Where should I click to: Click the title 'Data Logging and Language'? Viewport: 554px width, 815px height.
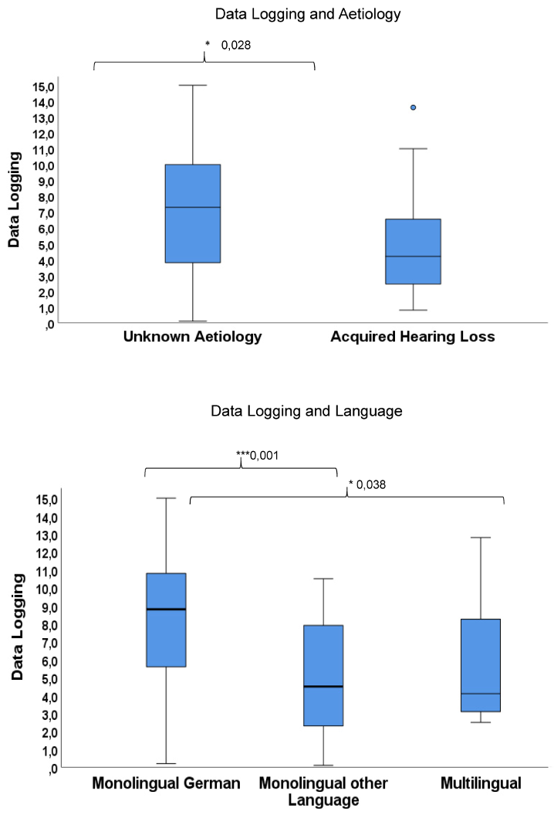(307, 411)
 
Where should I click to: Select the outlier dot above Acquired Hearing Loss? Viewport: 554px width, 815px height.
(413, 107)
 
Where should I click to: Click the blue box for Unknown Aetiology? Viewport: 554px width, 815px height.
(193, 213)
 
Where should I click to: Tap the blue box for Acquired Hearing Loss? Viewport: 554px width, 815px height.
(413, 251)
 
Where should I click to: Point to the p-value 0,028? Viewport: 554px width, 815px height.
(236, 46)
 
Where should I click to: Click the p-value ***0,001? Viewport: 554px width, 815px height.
(257, 455)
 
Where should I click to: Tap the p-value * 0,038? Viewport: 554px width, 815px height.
(367, 484)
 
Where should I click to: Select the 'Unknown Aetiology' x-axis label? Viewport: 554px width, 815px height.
(192, 337)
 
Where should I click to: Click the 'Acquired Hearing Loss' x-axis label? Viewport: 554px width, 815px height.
(412, 337)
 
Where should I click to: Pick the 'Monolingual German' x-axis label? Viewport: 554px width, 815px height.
(166, 783)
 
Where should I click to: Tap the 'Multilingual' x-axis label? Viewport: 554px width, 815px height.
(481, 783)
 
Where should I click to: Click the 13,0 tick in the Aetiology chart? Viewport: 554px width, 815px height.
(44, 118)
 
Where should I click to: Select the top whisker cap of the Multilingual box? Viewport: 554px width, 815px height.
(481, 537)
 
